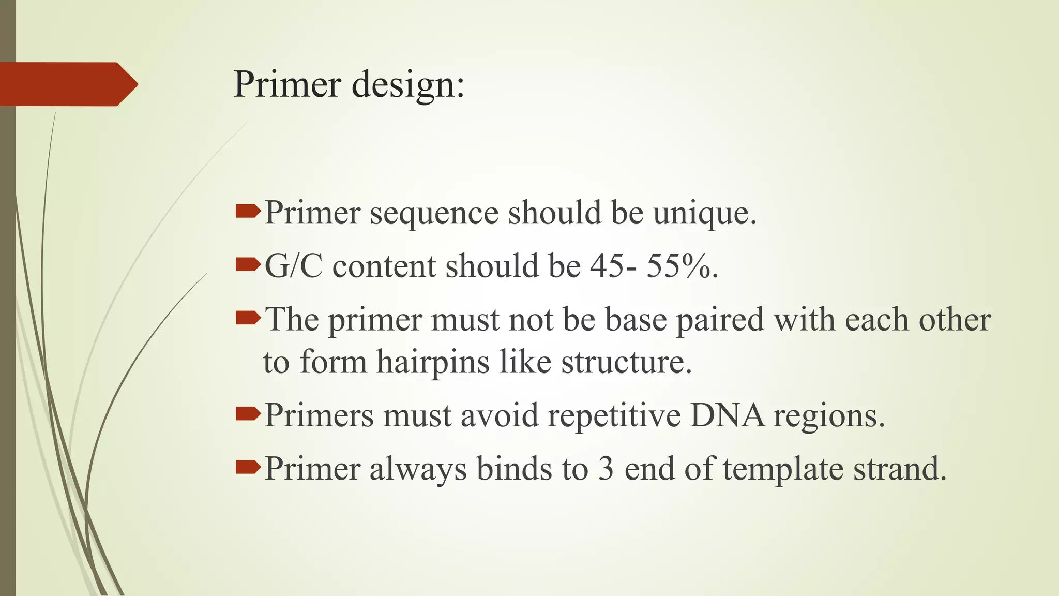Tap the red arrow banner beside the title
coord(67,84)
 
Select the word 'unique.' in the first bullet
coord(704,213)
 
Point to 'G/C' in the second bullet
coord(294,266)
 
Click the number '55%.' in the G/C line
coord(682,266)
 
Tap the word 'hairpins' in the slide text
coord(433,362)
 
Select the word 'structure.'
coord(626,362)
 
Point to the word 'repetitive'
coord(614,415)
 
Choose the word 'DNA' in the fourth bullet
coord(727,415)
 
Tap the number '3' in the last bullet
coord(606,469)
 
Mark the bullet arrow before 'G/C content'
coord(248,265)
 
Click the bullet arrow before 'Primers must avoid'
coord(248,414)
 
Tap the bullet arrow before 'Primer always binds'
coord(248,467)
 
